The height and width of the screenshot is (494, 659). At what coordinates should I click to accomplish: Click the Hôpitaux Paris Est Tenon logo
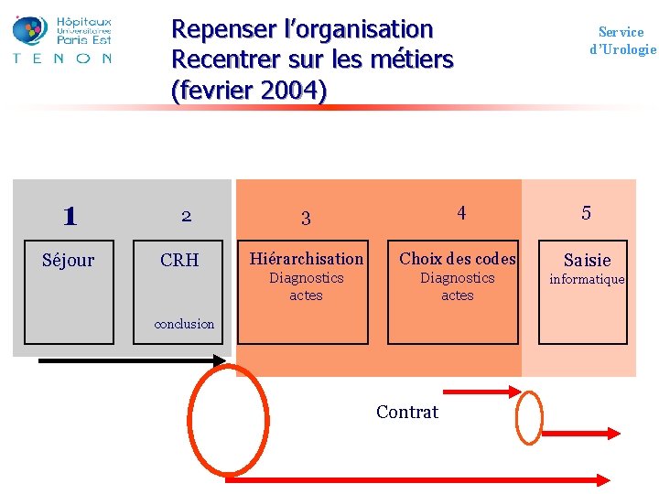pyautogui.click(x=62, y=38)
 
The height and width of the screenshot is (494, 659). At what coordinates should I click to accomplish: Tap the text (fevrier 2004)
pyautogui.click(x=248, y=91)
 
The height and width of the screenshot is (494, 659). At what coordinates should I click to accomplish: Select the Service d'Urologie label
pyautogui.click(x=622, y=40)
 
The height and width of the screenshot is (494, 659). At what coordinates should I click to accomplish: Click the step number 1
pyautogui.click(x=70, y=216)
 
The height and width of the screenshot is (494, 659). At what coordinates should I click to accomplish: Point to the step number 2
pyautogui.click(x=186, y=216)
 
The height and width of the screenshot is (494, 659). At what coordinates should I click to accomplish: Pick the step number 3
pyautogui.click(x=306, y=218)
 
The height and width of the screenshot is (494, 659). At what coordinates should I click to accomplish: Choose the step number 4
pyautogui.click(x=461, y=213)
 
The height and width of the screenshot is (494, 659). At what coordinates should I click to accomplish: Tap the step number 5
pyautogui.click(x=587, y=213)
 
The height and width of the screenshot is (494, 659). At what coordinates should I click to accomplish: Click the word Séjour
pyautogui.click(x=69, y=260)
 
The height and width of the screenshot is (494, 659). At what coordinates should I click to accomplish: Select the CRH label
pyautogui.click(x=179, y=260)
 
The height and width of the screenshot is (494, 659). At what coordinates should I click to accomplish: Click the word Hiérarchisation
pyautogui.click(x=307, y=259)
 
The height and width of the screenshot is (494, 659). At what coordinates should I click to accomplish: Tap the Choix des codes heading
pyautogui.click(x=458, y=259)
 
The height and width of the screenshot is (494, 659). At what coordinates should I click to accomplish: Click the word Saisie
pyautogui.click(x=587, y=260)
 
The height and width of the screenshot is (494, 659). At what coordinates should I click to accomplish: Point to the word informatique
pyautogui.click(x=587, y=279)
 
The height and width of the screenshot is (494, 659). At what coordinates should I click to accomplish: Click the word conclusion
pyautogui.click(x=185, y=324)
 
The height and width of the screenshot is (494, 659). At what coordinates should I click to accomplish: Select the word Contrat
pyautogui.click(x=407, y=412)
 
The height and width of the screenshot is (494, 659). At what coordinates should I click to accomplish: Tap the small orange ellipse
pyautogui.click(x=529, y=417)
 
